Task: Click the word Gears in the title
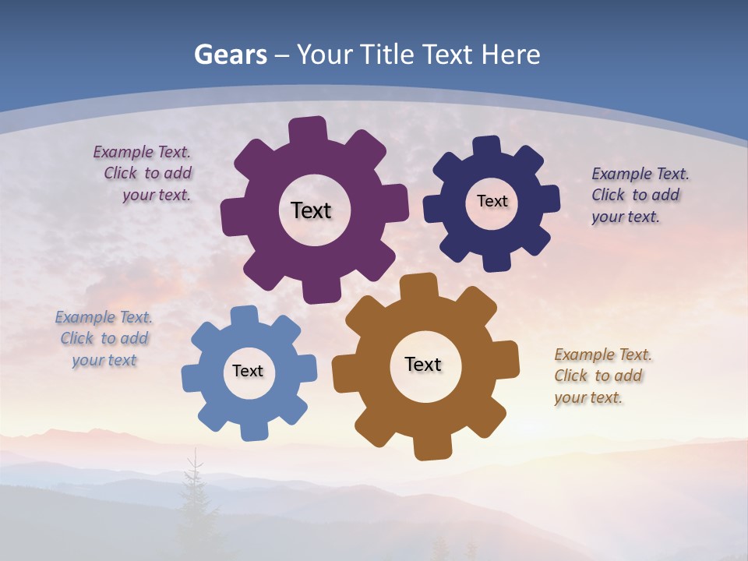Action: pyautogui.click(x=231, y=55)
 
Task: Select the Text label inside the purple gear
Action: pyautogui.click(x=311, y=210)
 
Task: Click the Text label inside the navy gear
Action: pyautogui.click(x=492, y=201)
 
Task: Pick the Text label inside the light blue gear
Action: pyautogui.click(x=248, y=371)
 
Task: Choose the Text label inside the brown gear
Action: pyautogui.click(x=423, y=364)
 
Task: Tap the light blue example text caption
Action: pyautogui.click(x=104, y=339)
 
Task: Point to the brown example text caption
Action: pyautogui.click(x=599, y=376)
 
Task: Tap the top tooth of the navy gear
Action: pyautogui.click(x=487, y=146)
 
